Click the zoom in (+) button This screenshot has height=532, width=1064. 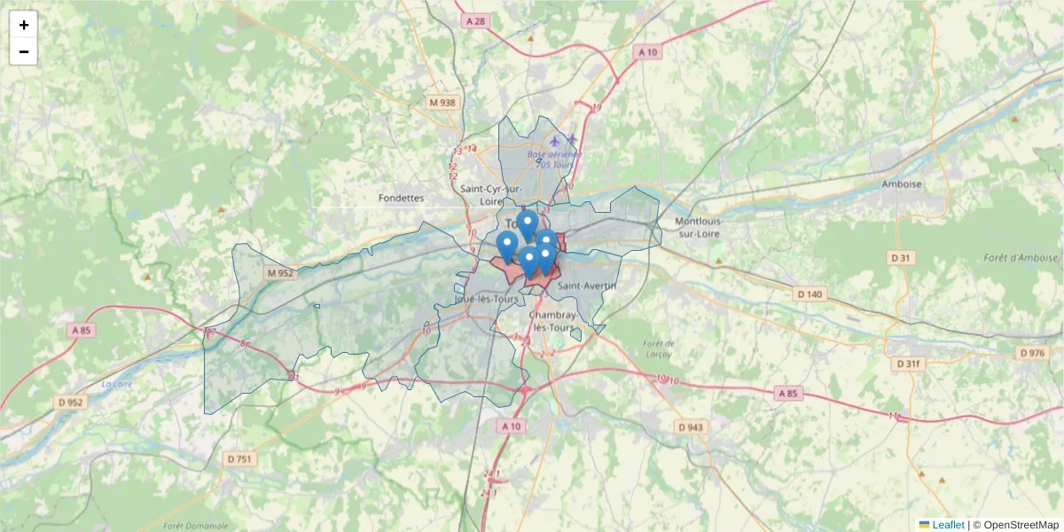(24, 25)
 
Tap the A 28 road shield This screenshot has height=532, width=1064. (476, 20)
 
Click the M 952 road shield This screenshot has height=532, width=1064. (279, 273)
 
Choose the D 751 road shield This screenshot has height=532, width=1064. (239, 458)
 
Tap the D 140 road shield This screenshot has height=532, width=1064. (810, 293)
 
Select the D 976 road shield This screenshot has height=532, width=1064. (1032, 353)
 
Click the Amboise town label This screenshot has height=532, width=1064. (902, 184)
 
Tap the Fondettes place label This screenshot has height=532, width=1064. (401, 198)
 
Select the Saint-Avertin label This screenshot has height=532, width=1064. (586, 286)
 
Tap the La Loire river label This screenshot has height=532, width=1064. (116, 384)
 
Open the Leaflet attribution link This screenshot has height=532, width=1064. (947, 525)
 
